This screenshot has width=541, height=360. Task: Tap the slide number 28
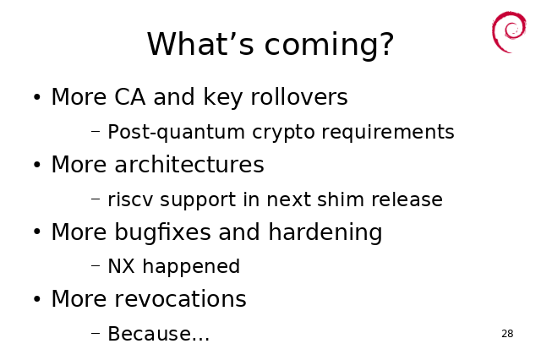coord(507,334)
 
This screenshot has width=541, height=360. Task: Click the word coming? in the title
coord(329,45)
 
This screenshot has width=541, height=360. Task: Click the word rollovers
coord(299,96)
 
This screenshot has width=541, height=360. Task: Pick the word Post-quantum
coord(177,133)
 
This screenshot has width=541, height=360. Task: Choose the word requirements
coord(388,133)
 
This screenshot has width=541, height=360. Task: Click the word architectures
coord(189,164)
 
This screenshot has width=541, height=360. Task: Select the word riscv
coord(130,199)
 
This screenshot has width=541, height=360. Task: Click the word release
coord(407,199)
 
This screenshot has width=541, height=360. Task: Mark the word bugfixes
coord(162,232)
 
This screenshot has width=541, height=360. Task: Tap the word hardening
coord(325,232)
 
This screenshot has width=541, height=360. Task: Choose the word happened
coord(191,267)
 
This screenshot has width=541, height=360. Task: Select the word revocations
coord(180,298)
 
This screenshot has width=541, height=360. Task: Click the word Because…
coord(158,334)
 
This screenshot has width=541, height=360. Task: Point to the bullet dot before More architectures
coord(37,165)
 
